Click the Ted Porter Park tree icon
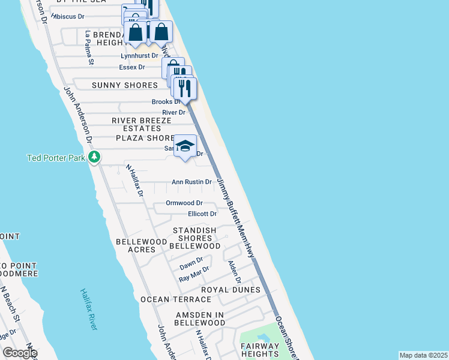click(x=94, y=157)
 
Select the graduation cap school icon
click(x=185, y=146)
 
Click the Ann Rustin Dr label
click(x=192, y=182)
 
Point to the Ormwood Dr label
click(x=184, y=203)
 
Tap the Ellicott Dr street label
click(x=202, y=214)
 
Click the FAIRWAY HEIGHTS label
click(x=260, y=350)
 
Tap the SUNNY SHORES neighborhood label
click(x=125, y=86)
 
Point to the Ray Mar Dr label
click(x=194, y=274)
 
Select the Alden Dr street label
click(x=234, y=272)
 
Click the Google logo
click(x=20, y=352)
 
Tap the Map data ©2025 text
click(x=423, y=355)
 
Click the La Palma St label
click(x=89, y=48)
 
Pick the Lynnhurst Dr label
click(x=139, y=56)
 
